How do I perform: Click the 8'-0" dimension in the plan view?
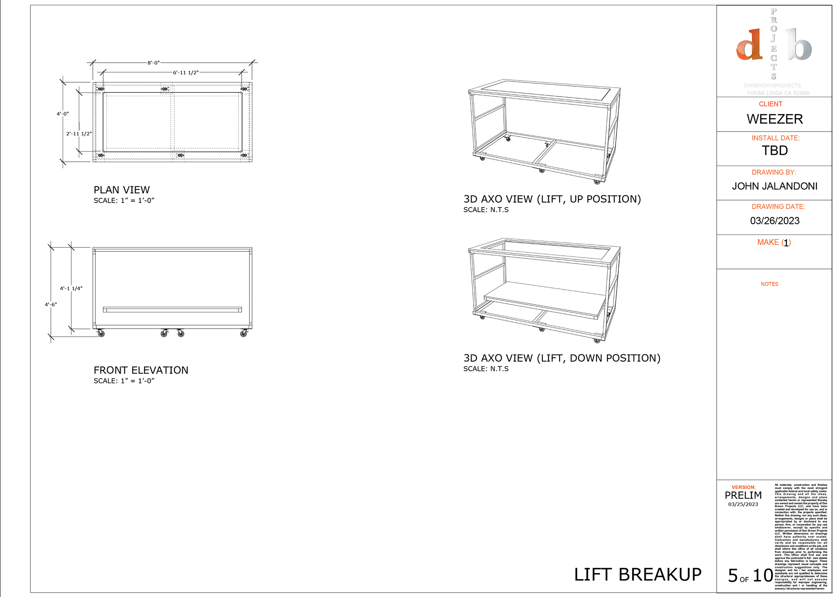(153, 63)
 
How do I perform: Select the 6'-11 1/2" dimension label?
(185, 73)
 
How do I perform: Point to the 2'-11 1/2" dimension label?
(79, 134)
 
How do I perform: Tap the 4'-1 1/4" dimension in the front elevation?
(71, 288)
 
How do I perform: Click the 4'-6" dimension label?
(51, 305)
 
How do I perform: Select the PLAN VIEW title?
(121, 190)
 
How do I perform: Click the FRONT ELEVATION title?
(141, 370)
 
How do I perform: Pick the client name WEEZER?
(775, 119)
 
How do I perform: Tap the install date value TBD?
(775, 151)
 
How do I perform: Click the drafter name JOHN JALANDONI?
(775, 187)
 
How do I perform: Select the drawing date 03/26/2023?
(775, 221)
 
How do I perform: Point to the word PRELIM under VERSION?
(743, 495)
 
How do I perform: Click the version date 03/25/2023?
(743, 505)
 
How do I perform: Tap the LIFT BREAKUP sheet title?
(637, 575)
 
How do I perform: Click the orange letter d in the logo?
(749, 45)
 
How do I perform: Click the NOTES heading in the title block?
(769, 284)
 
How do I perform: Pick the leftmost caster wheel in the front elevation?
(101, 334)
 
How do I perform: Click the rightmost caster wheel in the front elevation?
(243, 334)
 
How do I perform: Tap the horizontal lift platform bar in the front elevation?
(172, 310)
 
